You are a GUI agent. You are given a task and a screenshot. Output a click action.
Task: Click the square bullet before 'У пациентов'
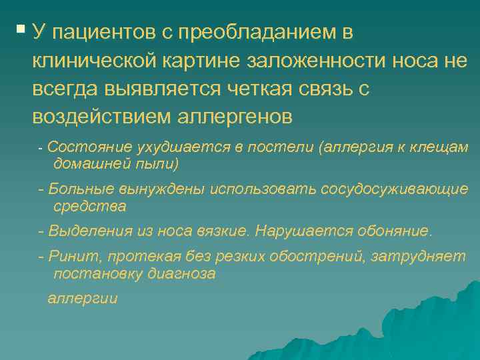[21, 29]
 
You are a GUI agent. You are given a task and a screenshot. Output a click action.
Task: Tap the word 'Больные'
[75, 189]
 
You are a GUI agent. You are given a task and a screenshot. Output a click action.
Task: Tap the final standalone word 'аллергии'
[82, 299]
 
